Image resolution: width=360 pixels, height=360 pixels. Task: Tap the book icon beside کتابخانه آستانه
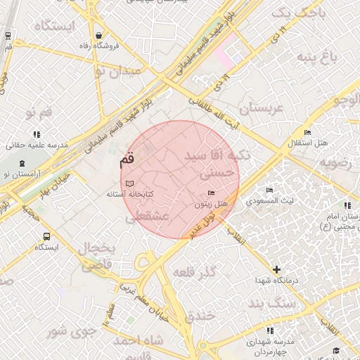pyautogui.click(x=129, y=184)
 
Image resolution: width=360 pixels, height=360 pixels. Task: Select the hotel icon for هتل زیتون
pyautogui.click(x=212, y=193)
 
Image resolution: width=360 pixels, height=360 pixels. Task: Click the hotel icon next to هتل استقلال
pyautogui.click(x=307, y=133)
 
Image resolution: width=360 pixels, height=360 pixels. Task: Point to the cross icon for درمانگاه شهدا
pyautogui.click(x=277, y=269)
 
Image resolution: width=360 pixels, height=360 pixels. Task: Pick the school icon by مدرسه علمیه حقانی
pyautogui.click(x=36, y=134)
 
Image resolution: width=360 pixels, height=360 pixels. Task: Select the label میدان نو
pyautogui.click(x=117, y=70)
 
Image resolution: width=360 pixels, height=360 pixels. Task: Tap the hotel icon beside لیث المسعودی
pyautogui.click(x=270, y=190)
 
